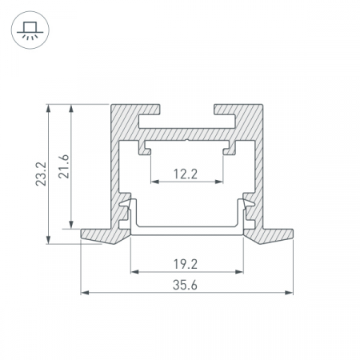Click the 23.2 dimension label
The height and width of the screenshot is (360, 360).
(x=41, y=174)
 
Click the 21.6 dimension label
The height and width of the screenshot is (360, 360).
(x=64, y=166)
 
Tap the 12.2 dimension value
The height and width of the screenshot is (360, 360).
(x=186, y=174)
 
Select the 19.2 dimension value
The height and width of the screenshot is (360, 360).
(x=186, y=264)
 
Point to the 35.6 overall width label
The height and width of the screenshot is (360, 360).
(x=185, y=285)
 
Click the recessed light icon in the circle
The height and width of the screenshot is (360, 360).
(x=30, y=30)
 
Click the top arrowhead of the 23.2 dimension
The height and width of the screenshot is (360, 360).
(x=48, y=108)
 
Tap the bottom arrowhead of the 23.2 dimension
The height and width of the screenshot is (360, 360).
(x=48, y=240)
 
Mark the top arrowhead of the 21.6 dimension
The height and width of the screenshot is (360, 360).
(x=71, y=108)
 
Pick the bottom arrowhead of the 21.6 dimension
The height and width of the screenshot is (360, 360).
(x=71, y=225)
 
